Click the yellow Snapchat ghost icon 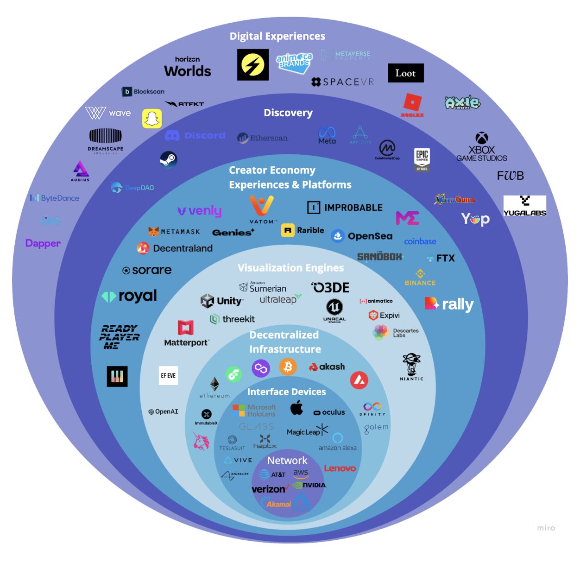pyautogui.click(x=152, y=119)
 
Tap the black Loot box pyautogui.click(x=405, y=73)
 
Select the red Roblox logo pyautogui.click(x=412, y=105)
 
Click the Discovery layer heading pyautogui.click(x=288, y=113)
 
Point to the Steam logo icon pyautogui.click(x=168, y=160)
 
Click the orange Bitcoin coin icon pyautogui.click(x=288, y=367)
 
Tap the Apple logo pyautogui.click(x=296, y=408)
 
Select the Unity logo pyautogui.click(x=221, y=301)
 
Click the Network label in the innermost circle pyautogui.click(x=287, y=461)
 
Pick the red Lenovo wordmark pyautogui.click(x=340, y=468)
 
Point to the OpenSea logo pyautogui.click(x=362, y=236)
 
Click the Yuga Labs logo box pyautogui.click(x=525, y=205)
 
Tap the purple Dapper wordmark pyautogui.click(x=43, y=243)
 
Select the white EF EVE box pyautogui.click(x=168, y=376)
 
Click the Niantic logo pyautogui.click(x=411, y=367)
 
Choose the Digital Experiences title pyautogui.click(x=277, y=36)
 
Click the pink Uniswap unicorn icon pyautogui.click(x=201, y=441)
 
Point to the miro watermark pyautogui.click(x=546, y=528)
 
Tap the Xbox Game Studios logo pyautogui.click(x=482, y=147)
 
